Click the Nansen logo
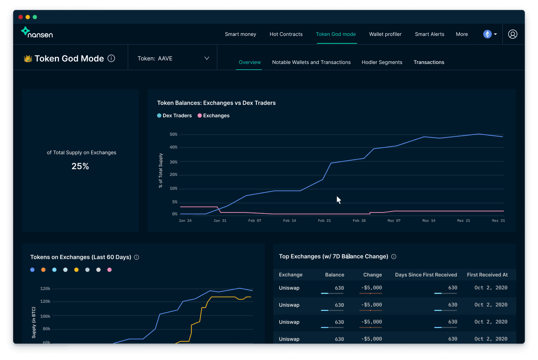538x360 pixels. pos(37,33)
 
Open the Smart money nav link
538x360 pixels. pos(240,34)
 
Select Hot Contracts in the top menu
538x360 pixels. pos(286,34)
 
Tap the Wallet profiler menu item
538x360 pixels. pos(385,34)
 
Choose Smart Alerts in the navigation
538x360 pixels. pos(429,34)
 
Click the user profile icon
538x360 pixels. pos(512,34)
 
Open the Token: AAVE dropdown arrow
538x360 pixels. pos(206,58)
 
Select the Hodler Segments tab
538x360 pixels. pos(382,62)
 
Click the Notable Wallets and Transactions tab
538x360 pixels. pos(311,62)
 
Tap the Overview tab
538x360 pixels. pos(250,62)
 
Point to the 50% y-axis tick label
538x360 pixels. pos(173,135)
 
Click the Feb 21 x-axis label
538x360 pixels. pos(324,220)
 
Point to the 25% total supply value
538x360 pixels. pos(80,166)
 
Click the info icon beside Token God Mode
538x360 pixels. pos(111,58)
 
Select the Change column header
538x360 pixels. pos(372,275)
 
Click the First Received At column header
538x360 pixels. pos(487,275)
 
